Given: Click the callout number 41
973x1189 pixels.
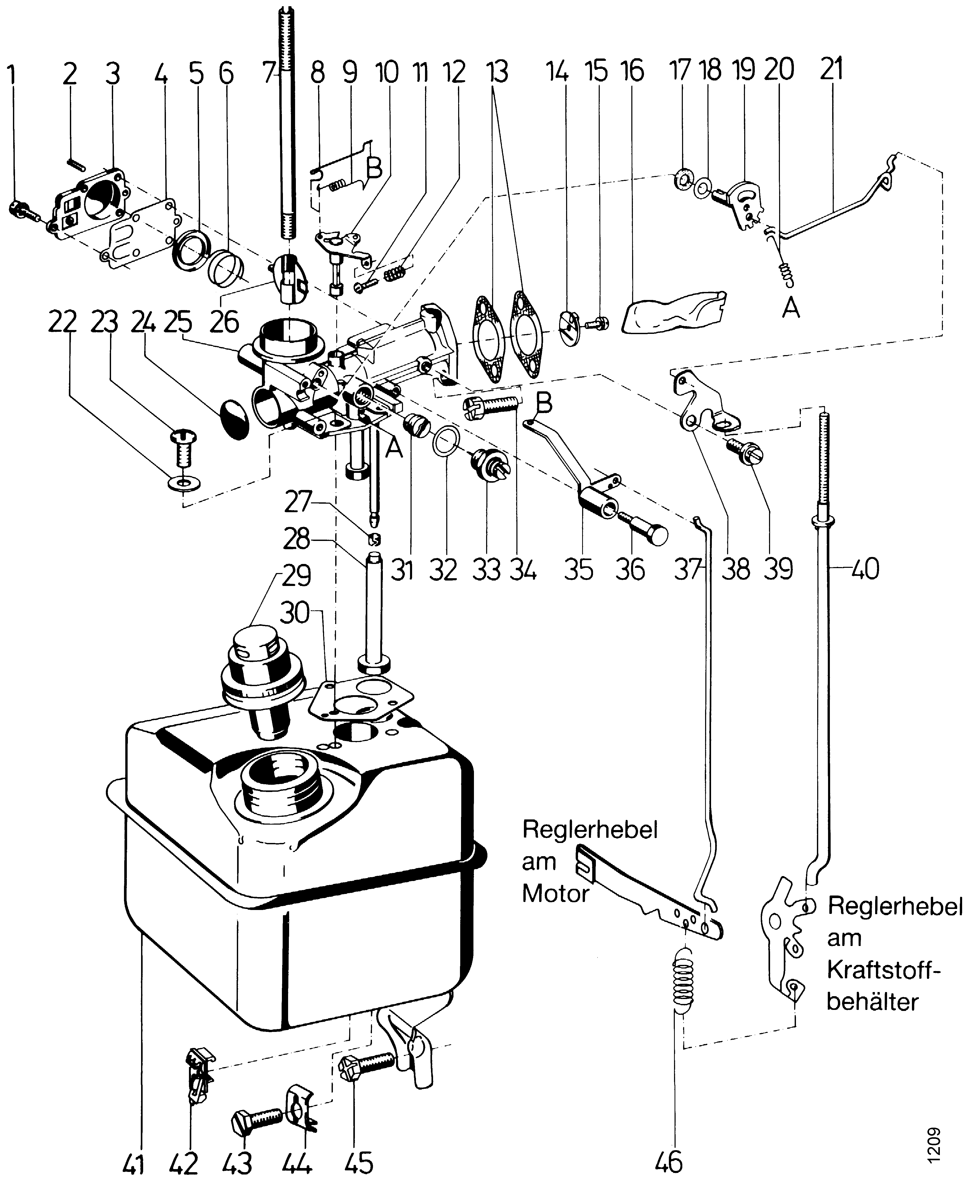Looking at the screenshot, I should click(x=133, y=1163).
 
